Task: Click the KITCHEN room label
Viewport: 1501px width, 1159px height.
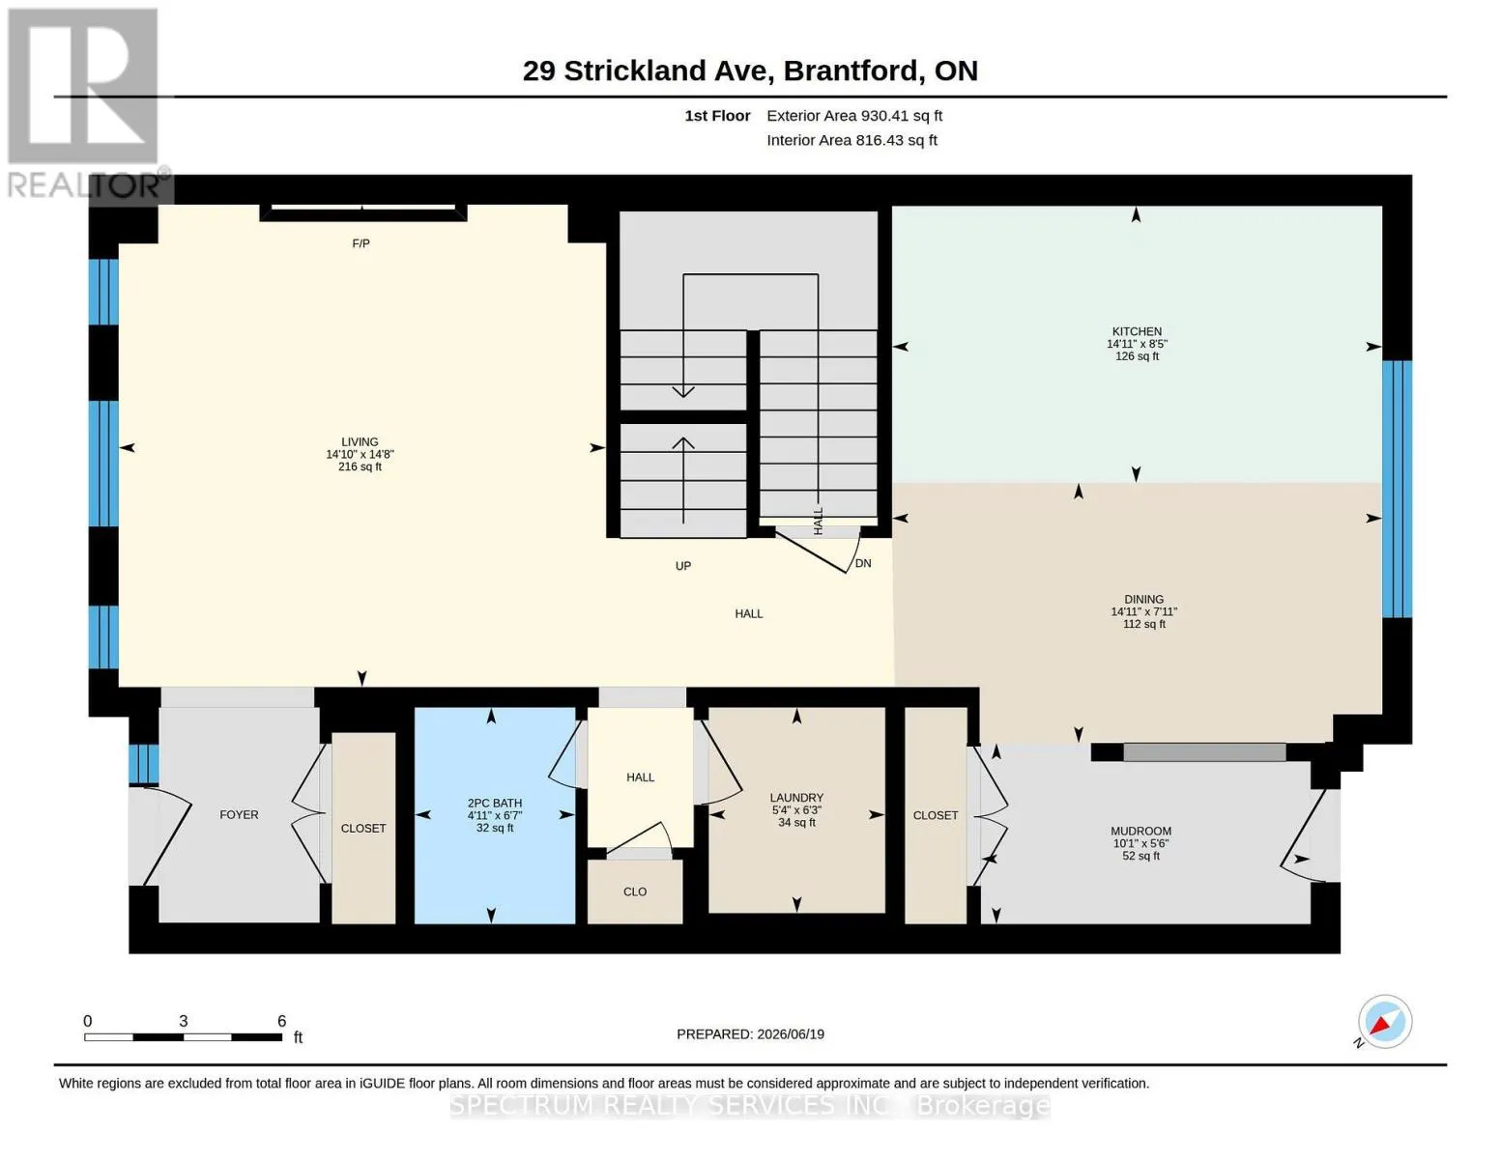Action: click(1137, 331)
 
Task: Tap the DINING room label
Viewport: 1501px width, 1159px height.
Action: click(1143, 599)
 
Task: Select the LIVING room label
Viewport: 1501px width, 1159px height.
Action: click(360, 441)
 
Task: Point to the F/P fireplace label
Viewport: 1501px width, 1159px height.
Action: click(361, 243)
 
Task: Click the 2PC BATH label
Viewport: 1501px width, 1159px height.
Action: click(495, 803)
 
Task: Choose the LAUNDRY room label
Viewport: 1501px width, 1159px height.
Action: click(796, 797)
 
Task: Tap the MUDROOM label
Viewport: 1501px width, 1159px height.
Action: click(1140, 832)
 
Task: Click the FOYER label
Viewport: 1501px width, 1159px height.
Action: click(239, 814)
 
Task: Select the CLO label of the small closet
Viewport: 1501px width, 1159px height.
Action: click(635, 891)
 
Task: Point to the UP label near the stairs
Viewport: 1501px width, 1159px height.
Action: click(682, 566)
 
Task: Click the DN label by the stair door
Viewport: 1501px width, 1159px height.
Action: click(863, 563)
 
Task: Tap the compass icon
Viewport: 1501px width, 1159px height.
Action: click(1384, 1021)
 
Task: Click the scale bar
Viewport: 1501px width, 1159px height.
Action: click(183, 1037)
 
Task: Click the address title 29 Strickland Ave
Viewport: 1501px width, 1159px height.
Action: click(645, 71)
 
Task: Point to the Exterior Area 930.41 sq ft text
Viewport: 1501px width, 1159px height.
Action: click(853, 116)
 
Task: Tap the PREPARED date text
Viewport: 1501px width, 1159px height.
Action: click(750, 1034)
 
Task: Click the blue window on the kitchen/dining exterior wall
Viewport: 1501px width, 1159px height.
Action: click(1397, 489)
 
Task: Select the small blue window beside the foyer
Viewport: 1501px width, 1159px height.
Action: click(144, 763)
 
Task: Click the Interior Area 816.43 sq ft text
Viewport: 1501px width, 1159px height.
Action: click(852, 140)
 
